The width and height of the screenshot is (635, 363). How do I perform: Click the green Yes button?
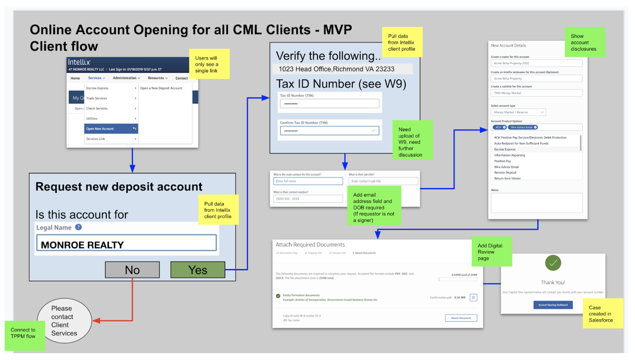point(198,270)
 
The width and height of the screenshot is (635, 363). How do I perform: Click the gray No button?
point(132,270)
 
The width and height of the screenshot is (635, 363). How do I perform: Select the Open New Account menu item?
point(111,129)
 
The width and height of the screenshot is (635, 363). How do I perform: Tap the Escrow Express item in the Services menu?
point(111,88)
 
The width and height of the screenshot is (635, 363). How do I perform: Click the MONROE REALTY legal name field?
point(126,243)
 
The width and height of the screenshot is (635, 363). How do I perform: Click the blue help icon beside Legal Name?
point(78,227)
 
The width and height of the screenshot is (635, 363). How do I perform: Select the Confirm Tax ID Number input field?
point(329,131)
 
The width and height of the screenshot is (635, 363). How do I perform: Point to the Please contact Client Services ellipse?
point(64,321)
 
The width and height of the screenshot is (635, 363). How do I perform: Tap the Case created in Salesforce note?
point(603,314)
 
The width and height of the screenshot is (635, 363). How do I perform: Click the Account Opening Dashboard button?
point(553,305)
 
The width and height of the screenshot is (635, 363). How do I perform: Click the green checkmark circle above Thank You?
point(553,263)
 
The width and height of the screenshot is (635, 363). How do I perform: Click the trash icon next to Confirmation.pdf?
point(473,298)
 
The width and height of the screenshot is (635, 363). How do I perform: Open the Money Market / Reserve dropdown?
point(518,112)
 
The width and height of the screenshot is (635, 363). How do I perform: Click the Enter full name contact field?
point(308,181)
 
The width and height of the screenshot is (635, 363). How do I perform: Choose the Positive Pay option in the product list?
point(502,161)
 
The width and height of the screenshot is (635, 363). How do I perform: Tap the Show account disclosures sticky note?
point(585,42)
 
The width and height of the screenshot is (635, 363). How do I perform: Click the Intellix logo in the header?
point(79,62)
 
